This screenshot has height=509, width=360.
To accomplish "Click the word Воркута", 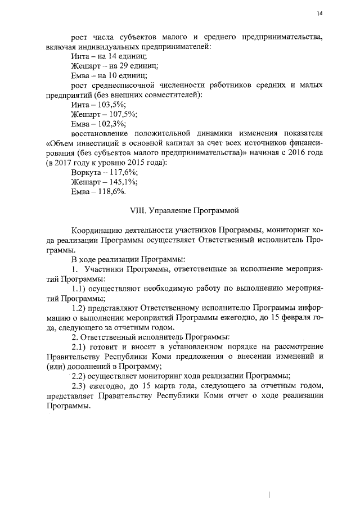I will tap(88, 172).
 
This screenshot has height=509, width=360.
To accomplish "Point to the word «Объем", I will tap(61, 143).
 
